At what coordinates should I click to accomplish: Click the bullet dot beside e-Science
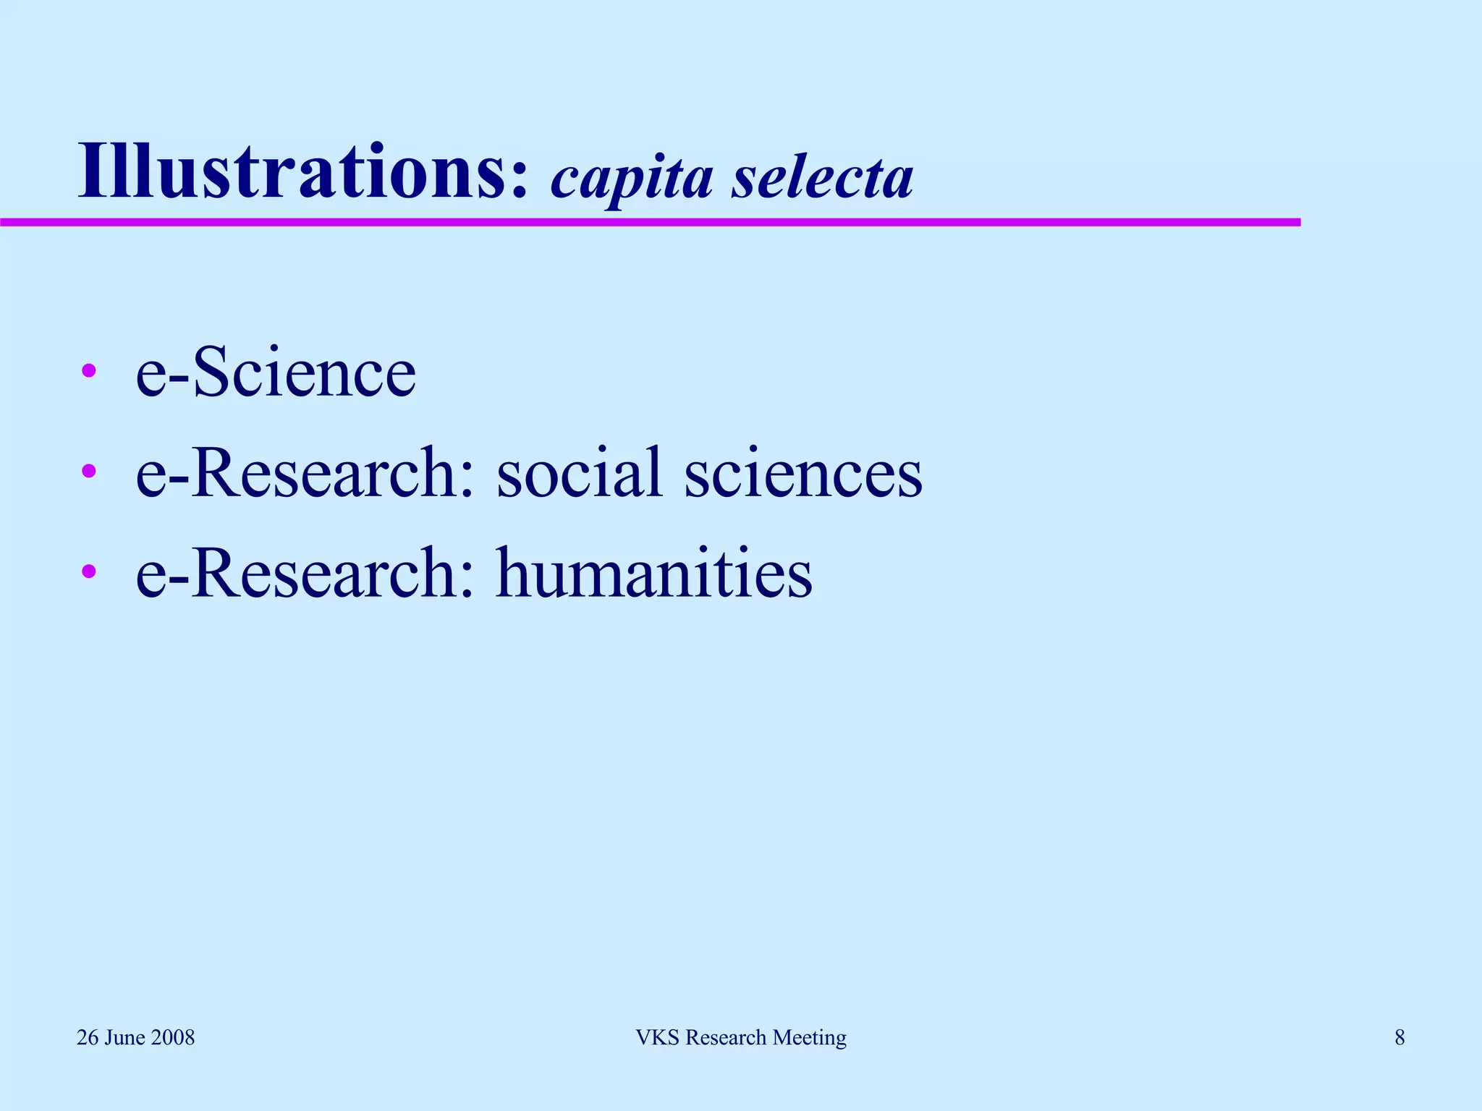tap(89, 372)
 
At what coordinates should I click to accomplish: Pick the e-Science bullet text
tap(276, 372)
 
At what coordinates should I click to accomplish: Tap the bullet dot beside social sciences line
tap(89, 472)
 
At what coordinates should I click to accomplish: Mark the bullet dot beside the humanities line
tap(89, 572)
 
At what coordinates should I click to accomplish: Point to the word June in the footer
tap(125, 1037)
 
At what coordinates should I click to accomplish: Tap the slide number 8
tap(1400, 1037)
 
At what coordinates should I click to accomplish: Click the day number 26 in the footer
tap(88, 1037)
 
